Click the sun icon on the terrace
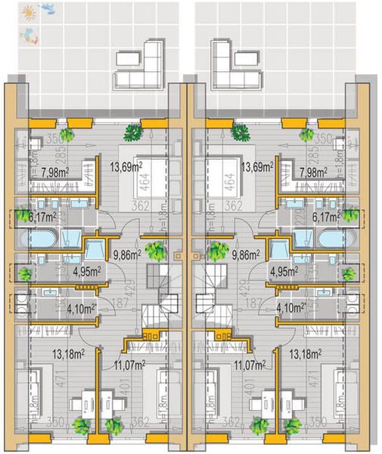(x=29, y=13)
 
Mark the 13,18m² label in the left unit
(x=67, y=352)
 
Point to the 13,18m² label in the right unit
(x=306, y=352)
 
